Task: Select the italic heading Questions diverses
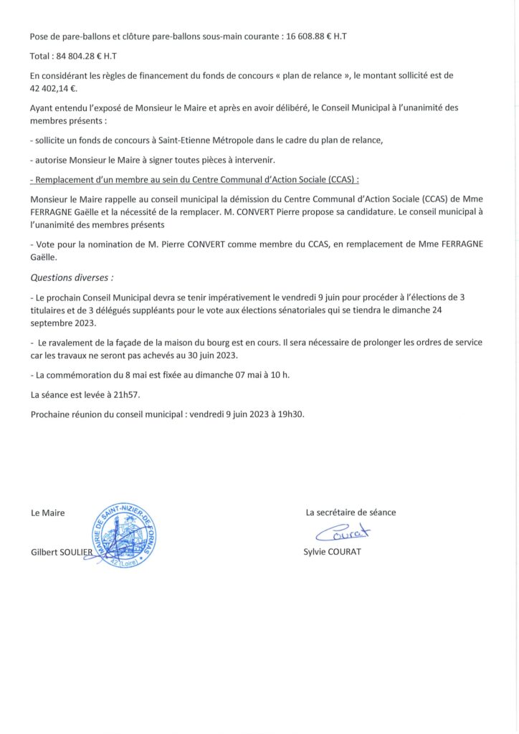tap(72, 277)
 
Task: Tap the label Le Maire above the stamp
tap(47, 513)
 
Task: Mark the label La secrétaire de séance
tap(351, 513)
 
